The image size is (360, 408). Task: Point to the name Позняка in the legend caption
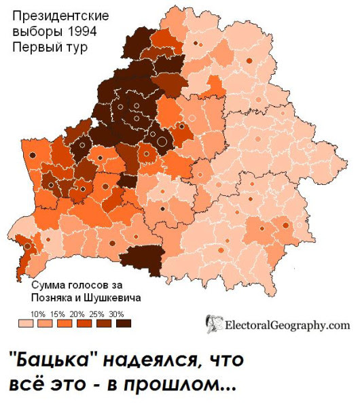[x=54, y=297]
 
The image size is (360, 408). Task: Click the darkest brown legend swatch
[x=123, y=324]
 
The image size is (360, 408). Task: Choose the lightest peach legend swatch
[x=26, y=324]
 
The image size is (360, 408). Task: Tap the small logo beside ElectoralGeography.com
[x=214, y=324]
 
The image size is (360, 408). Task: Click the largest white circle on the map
[x=162, y=141]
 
